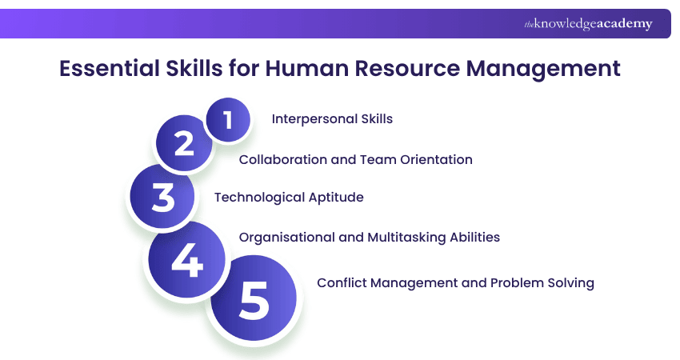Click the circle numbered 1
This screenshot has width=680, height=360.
point(228,120)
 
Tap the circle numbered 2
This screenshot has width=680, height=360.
point(184,144)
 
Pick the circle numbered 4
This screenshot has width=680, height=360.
point(186,259)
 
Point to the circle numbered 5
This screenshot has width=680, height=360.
point(254,298)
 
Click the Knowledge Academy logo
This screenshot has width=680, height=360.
point(588,24)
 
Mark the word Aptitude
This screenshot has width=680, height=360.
point(336,198)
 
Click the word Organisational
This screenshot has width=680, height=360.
point(286,237)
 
